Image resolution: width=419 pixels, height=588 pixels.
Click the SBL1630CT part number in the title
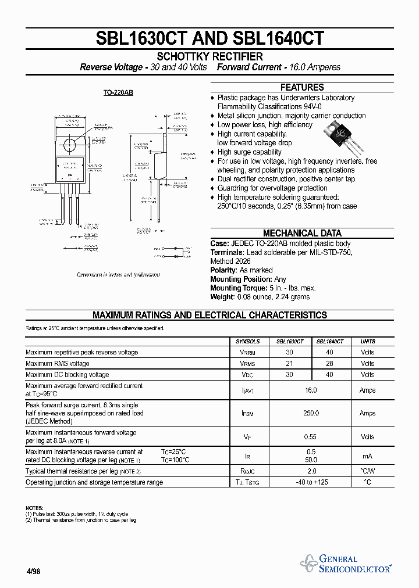point(141,38)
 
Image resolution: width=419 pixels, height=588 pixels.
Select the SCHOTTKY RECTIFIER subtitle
point(210,56)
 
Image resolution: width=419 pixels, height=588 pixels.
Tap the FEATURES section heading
point(302,87)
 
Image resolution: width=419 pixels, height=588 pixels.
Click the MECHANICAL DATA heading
point(302,233)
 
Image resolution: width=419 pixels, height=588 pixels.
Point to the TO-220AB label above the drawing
point(118,93)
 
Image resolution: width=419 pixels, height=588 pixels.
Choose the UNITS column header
point(368,342)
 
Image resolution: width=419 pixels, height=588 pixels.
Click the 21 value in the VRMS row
point(289,364)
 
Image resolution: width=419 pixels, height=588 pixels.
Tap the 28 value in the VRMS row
point(330,364)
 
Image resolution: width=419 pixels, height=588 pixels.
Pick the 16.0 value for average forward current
point(311,390)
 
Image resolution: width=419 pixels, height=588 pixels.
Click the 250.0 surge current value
point(311,413)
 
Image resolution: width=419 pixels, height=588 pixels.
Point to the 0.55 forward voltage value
point(311,437)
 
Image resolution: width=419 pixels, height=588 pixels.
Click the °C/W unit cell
point(368,471)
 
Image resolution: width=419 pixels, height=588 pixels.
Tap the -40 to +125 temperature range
point(311,482)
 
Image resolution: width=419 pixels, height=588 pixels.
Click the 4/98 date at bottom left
point(33,571)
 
